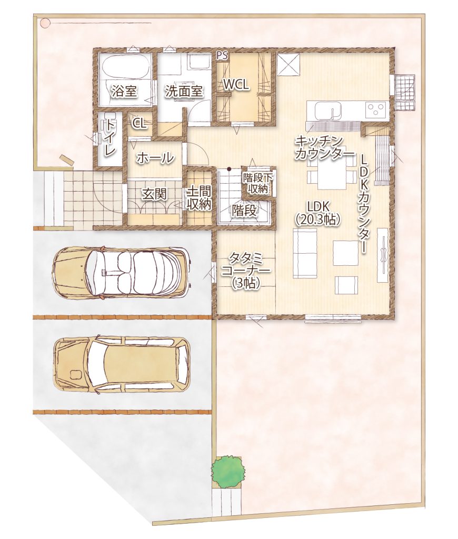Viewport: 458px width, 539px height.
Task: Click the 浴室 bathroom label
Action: (124, 92)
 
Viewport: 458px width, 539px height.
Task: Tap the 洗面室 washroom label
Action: (184, 91)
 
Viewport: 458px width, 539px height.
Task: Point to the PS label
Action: (222, 56)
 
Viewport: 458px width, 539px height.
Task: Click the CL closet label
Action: (140, 124)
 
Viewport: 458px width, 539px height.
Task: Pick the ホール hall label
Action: (155, 158)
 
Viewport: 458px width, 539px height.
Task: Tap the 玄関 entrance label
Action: (154, 194)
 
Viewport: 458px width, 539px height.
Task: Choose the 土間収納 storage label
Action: (199, 198)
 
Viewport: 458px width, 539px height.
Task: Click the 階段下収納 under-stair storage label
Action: (257, 184)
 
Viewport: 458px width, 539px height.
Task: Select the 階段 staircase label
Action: (244, 210)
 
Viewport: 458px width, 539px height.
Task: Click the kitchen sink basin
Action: (328, 111)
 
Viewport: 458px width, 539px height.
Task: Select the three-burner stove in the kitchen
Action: (376, 111)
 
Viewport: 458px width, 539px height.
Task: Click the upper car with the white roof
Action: (121, 273)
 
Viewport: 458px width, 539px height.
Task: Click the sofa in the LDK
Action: (305, 254)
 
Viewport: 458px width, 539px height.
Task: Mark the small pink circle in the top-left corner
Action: (45, 23)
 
